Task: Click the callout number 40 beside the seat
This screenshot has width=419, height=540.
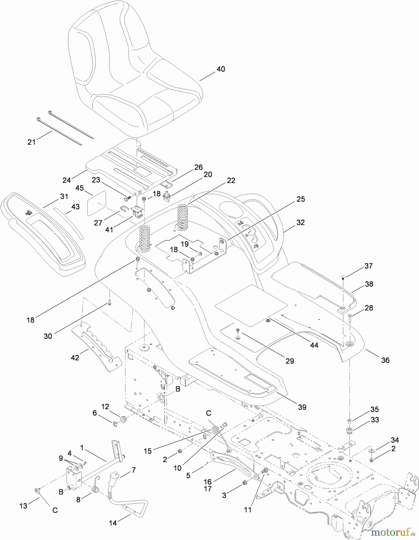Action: point(221,69)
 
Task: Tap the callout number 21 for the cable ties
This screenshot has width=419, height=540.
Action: point(31,142)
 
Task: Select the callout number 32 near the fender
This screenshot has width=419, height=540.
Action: point(300,222)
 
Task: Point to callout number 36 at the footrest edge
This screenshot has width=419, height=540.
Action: point(385,360)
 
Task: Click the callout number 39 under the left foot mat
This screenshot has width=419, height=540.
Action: point(302,407)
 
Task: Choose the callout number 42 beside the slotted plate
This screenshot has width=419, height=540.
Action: point(75,358)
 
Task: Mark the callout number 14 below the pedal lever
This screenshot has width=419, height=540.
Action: point(113,523)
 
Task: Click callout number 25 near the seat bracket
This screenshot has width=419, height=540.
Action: point(301,199)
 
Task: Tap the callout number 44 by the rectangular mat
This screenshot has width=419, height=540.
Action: point(314,345)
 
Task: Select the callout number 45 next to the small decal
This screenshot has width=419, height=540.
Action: point(79,188)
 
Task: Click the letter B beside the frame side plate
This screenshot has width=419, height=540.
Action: point(178,389)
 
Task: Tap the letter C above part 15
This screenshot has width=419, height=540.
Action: point(208,413)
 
